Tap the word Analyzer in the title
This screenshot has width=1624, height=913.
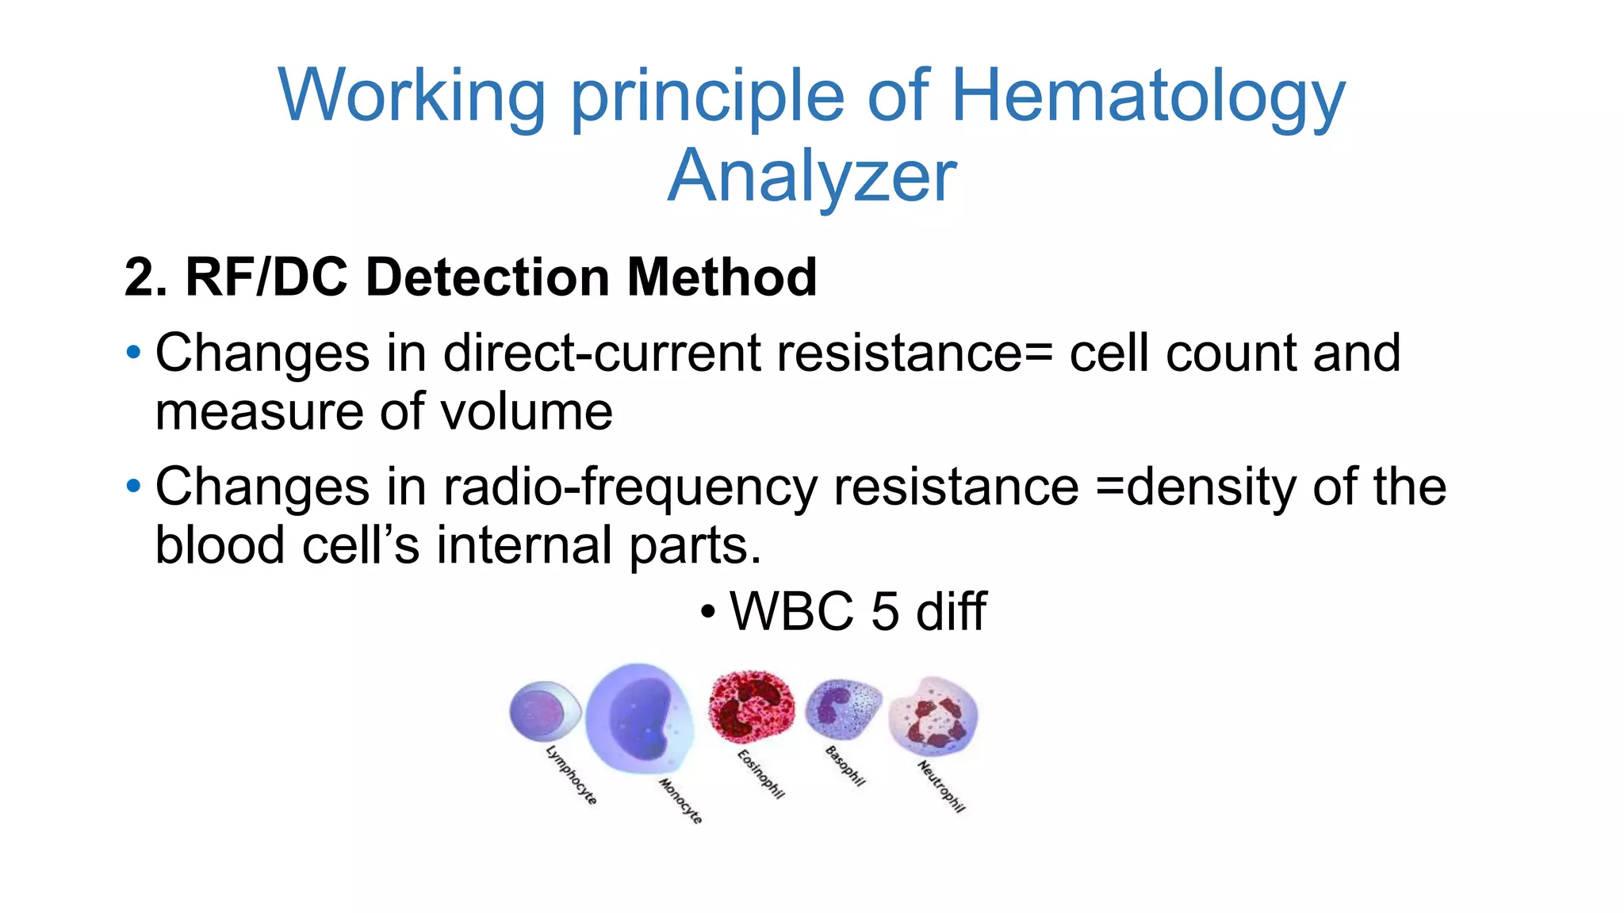(812, 177)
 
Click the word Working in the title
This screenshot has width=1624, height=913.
(412, 97)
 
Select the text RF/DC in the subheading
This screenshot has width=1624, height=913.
(266, 277)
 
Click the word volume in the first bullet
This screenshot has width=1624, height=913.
(526, 412)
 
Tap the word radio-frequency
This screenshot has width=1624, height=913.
(630, 487)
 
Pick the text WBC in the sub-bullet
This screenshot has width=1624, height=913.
(791, 612)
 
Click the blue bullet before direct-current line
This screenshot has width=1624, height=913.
(133, 351)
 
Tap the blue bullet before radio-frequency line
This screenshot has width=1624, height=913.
(133, 485)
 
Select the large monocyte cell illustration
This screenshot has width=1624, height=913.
(638, 718)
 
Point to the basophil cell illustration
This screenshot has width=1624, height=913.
(843, 707)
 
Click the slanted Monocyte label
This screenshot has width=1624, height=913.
(680, 800)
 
